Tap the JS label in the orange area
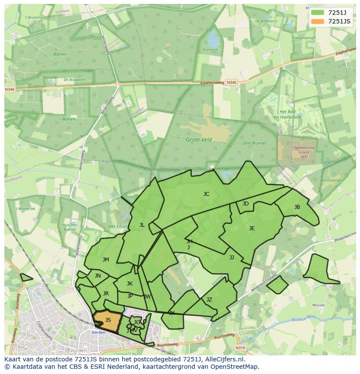(108, 320)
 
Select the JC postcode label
(206, 194)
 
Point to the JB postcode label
(297, 207)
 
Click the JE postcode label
(252, 228)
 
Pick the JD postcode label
(246, 204)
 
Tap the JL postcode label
(142, 225)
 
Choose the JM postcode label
(106, 260)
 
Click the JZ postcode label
(209, 300)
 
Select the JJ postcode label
(232, 258)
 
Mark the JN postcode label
(98, 276)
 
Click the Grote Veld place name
(199, 140)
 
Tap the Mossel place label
(319, 305)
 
